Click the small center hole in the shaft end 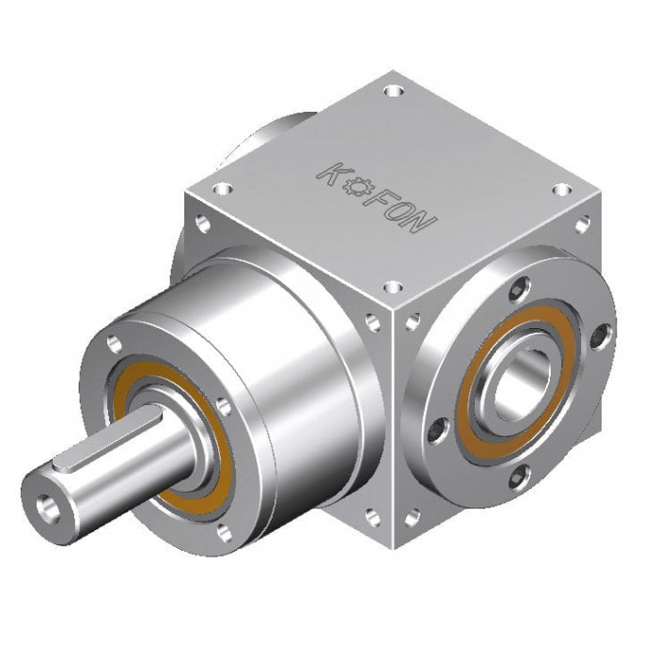[x=43, y=504]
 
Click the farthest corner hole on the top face [x=394, y=90]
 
